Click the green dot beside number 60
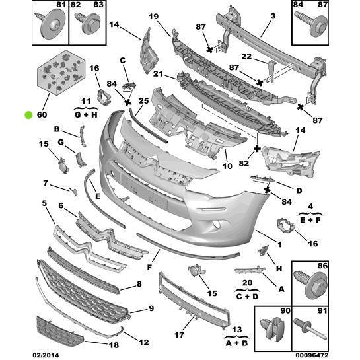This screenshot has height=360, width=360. click(28, 114)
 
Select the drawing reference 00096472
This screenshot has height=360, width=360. click(336, 355)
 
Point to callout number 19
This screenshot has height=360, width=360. click(153, 17)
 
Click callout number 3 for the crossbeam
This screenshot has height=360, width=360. click(254, 17)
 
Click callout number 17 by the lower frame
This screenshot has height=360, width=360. click(178, 335)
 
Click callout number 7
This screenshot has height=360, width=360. click(46, 183)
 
